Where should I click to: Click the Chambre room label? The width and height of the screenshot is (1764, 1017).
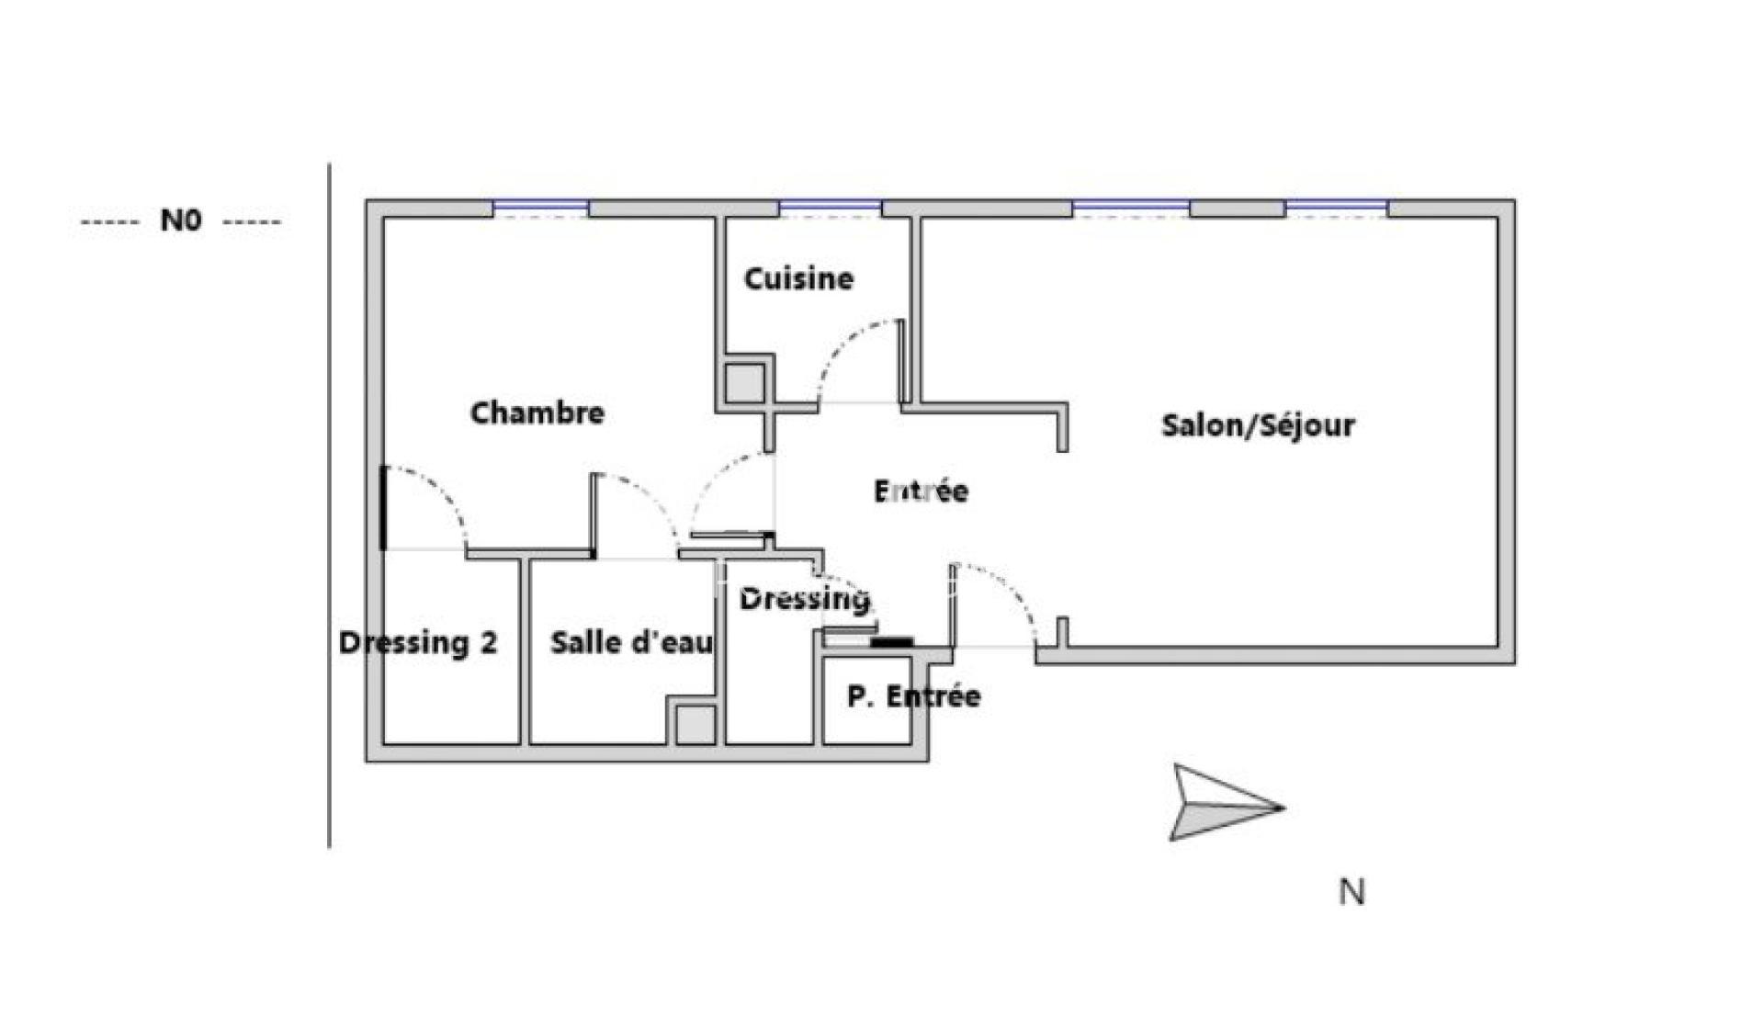(537, 412)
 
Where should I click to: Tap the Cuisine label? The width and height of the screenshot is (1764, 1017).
(798, 277)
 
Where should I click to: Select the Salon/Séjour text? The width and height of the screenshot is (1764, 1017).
(1258, 424)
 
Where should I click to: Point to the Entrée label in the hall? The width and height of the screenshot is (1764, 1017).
(921, 491)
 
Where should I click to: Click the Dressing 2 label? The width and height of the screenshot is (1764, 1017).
(418, 642)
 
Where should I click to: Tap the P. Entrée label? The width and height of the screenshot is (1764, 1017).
(913, 695)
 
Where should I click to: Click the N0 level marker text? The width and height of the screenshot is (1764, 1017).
(181, 220)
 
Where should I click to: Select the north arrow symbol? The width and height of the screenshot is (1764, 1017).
(1226, 802)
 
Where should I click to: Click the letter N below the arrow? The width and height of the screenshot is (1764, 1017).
(1351, 892)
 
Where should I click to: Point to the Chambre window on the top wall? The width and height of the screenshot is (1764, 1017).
(541, 209)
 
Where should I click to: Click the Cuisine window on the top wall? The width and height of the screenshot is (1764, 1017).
(831, 209)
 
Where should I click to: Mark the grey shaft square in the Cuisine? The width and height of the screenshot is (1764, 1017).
(743, 383)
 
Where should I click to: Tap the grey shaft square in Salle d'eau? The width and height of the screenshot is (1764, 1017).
(695, 725)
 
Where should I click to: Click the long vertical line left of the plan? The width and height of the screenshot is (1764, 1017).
(330, 505)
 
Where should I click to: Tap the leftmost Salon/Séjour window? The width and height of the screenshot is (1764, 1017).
(1131, 209)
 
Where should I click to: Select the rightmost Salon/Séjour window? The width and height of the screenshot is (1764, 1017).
(1336, 209)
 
